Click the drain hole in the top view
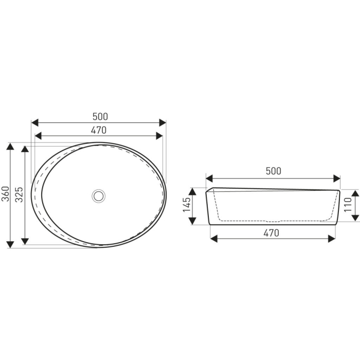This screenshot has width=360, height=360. click(99, 195)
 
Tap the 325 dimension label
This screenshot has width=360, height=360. click(20, 194)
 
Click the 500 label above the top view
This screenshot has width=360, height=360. click(99, 117)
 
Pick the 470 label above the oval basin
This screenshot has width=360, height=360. click(99, 130)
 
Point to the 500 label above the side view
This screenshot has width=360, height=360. click(273, 171)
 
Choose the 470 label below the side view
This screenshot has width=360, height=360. click(271, 232)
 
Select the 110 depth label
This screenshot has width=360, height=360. click(348, 204)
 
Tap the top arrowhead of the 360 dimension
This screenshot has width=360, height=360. click(10, 146)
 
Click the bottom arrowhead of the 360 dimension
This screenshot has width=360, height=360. click(10, 244)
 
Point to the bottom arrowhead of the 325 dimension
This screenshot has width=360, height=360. click(25, 241)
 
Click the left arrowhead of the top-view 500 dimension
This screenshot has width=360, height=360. click(35, 123)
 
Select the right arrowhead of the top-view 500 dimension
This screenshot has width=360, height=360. click(163, 123)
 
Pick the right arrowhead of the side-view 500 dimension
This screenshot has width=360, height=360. click(337, 178)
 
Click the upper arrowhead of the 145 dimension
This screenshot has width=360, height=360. click(192, 191)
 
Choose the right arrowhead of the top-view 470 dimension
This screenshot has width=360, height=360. click(160, 136)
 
